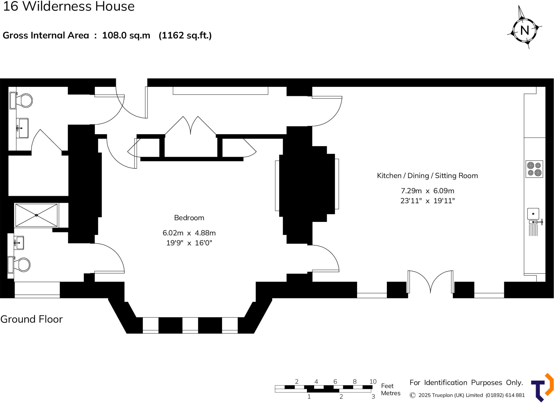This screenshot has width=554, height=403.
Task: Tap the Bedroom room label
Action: tap(189, 218)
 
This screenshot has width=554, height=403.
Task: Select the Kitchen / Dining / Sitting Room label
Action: tap(427, 176)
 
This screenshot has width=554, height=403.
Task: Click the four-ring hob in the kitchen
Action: tap(534, 169)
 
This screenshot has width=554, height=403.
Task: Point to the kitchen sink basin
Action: tap(533, 214)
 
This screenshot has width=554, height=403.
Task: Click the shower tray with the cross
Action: tap(37, 215)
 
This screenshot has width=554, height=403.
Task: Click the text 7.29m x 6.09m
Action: tap(427, 191)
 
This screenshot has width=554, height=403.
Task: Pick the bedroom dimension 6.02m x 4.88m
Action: tap(189, 233)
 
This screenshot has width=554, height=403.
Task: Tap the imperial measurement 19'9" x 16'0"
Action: tap(189, 243)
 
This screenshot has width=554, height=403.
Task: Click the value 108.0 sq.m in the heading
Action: tap(126, 35)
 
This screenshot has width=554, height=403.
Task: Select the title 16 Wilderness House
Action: tap(69, 6)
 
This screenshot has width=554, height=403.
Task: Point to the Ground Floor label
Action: tap(32, 319)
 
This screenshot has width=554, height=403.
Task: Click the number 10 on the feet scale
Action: tap(373, 381)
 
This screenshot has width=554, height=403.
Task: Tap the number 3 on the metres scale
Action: tap(373, 397)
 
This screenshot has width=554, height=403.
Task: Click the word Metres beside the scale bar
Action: tap(391, 393)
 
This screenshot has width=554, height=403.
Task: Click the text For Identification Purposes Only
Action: tap(466, 382)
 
